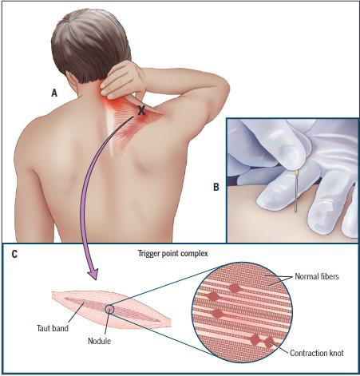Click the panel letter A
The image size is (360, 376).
tap(54, 93)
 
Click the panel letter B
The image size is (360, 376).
tap(216, 187)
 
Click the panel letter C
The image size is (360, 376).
tap(14, 254)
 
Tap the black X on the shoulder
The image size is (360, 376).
tap(141, 110)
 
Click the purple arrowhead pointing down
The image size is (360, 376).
tap(92, 274)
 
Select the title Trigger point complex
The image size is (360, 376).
tap(172, 253)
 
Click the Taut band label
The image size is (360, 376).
tap(53, 328)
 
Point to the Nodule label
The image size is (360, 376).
tap(99, 341)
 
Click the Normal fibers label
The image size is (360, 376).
tap(317, 276)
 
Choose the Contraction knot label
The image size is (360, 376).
tap(317, 353)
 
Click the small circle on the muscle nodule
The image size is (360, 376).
tap(109, 309)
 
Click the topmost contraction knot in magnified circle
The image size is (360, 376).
tap(234, 288)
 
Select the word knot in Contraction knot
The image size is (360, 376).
tap(336, 353)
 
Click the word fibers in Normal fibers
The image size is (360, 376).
tap(329, 276)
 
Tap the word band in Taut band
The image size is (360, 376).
tap(61, 328)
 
